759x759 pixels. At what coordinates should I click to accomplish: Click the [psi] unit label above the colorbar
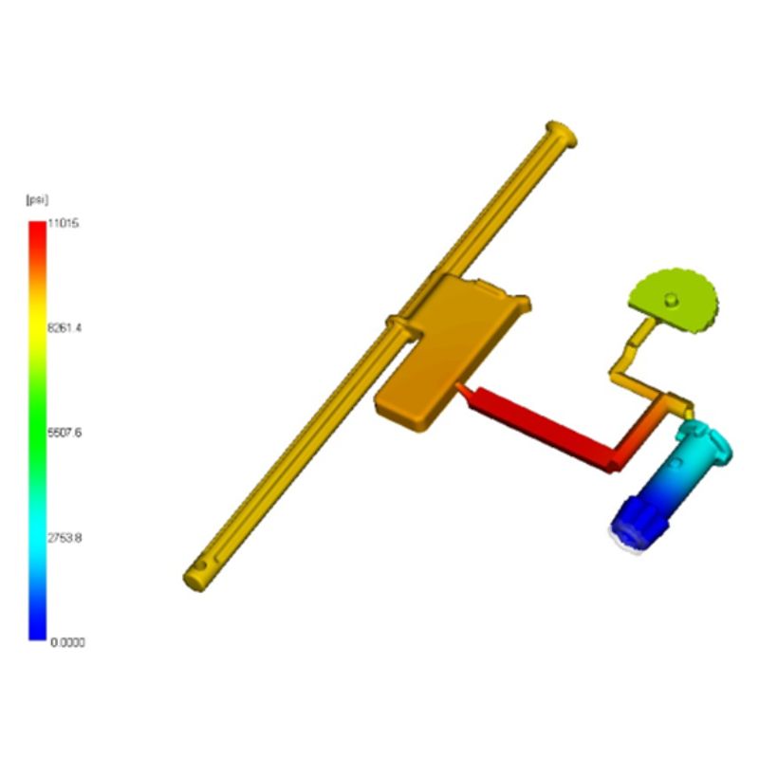tap(37, 199)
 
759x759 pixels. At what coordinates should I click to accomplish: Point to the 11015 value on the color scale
tap(63, 224)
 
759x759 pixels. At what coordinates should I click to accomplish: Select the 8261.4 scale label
tap(65, 328)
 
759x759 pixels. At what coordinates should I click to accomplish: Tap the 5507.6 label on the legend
tap(65, 433)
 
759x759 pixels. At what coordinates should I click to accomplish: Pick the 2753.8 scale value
tap(65, 538)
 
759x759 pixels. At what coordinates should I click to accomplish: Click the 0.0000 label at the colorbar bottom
tap(67, 642)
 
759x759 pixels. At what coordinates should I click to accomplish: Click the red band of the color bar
tap(37, 242)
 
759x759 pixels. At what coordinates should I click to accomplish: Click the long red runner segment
tap(537, 429)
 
